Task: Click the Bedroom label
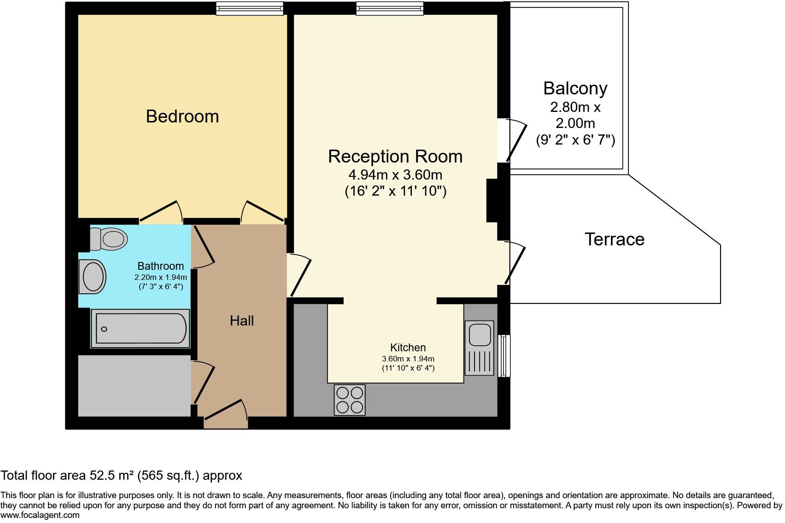[182, 116]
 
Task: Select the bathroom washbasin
[93, 276]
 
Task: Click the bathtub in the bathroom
[141, 329]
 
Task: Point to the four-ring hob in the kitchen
[349, 400]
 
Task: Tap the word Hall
[242, 321]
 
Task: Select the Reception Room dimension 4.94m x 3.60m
[395, 175]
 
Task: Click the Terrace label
[614, 239]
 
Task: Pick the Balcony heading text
[575, 88]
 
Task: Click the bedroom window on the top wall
[250, 8]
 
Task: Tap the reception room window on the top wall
[389, 8]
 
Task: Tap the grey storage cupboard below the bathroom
[134, 386]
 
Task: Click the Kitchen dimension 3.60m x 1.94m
[408, 359]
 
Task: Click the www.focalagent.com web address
[40, 515]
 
